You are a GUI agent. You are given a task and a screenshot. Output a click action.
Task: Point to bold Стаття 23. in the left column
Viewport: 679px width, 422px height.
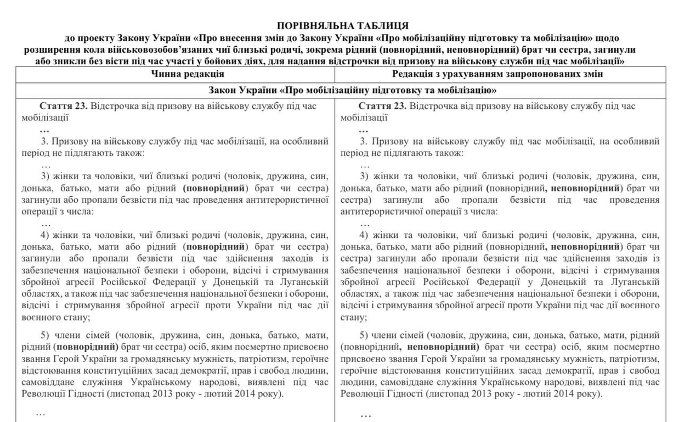(x=64, y=105)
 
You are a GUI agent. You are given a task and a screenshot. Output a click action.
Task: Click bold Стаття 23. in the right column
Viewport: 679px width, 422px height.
(x=382, y=105)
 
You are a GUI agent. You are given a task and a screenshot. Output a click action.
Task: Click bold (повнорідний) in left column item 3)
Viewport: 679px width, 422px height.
(x=216, y=188)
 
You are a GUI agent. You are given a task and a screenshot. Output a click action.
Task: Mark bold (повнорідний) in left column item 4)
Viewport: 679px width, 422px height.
(x=216, y=246)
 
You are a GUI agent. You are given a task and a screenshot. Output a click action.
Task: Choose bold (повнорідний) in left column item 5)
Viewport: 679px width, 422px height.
(x=86, y=347)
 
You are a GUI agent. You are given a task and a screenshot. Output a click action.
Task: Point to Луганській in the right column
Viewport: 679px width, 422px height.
(x=636, y=282)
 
